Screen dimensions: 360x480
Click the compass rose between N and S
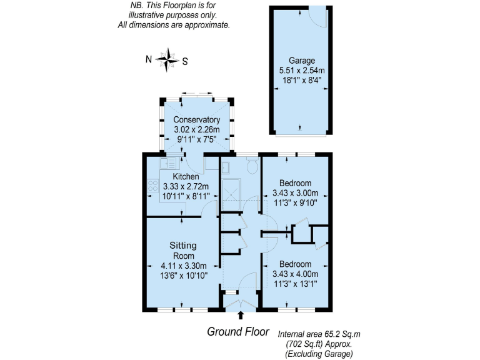pos(167,60)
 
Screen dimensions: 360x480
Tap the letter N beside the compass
pos(149,60)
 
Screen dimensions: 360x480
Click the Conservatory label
pos(196,119)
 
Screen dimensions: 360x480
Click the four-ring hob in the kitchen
pos(152,185)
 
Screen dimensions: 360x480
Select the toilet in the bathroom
pos(252,166)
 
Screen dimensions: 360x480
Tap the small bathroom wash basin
pos(226,166)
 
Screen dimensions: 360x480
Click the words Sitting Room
pos(184,250)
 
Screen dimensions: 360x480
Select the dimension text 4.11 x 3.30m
pos(184,266)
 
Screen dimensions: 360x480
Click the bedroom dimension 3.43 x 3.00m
pos(295,192)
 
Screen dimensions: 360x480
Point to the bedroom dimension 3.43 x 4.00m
pos(295,274)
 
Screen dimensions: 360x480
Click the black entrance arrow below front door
pos(241,316)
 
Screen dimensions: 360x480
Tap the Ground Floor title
pos(238,332)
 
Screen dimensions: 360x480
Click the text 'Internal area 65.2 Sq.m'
pos(315,334)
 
